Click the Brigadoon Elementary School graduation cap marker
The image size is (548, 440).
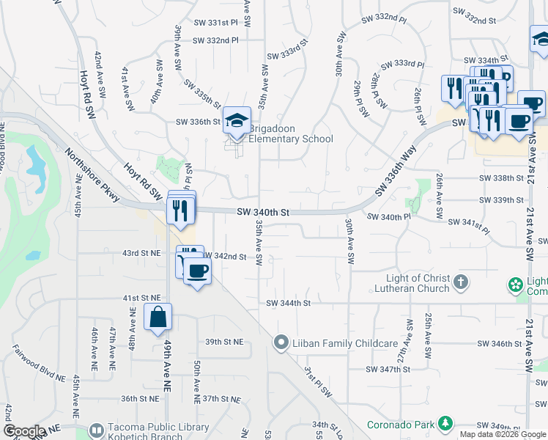click(x=237, y=121)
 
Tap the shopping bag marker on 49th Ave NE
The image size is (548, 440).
click(x=158, y=318)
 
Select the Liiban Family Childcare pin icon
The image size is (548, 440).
click(x=280, y=342)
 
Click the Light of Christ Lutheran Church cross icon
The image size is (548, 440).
click(x=461, y=282)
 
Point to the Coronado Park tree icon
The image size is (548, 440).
click(x=444, y=423)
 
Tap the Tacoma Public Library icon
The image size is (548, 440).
click(x=96, y=430)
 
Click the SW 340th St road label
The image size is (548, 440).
click(x=264, y=213)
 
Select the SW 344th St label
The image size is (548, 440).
click(x=289, y=303)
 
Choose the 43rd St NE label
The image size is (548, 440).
click(x=141, y=253)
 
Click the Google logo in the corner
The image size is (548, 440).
click(x=23, y=431)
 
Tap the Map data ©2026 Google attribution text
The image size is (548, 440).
click(x=502, y=434)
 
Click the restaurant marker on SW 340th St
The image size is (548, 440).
click(x=179, y=210)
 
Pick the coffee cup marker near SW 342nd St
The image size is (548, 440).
click(x=197, y=271)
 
